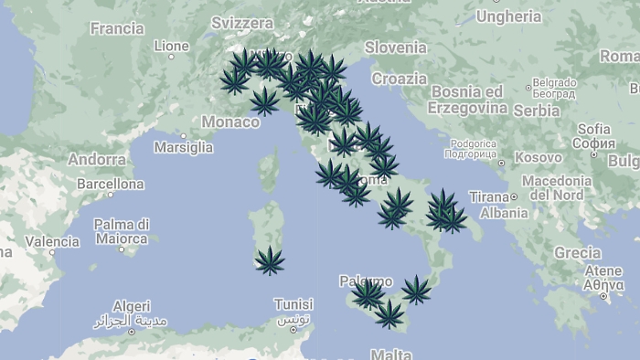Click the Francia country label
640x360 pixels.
coord(116,28)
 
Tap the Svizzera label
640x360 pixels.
coord(241,22)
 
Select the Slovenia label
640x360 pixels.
coord(395,47)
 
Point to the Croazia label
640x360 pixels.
coord(399,79)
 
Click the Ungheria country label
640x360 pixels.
coord(508,16)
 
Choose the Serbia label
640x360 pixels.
coord(536,111)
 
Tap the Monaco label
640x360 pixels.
coord(230,122)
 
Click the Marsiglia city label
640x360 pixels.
coord(183,146)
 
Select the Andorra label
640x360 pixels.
coord(96,159)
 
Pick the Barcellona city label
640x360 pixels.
coord(111,184)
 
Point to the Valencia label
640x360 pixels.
coord(51,242)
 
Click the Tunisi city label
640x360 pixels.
coord(293,304)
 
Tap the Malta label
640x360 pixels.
coord(391,354)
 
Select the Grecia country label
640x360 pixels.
coord(577,252)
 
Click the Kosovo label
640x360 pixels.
coord(538,157)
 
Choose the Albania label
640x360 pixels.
coord(504,213)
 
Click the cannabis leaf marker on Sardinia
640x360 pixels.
coord(270,260)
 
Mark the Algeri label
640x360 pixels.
coord(131,307)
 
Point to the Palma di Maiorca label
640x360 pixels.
coord(121,231)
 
